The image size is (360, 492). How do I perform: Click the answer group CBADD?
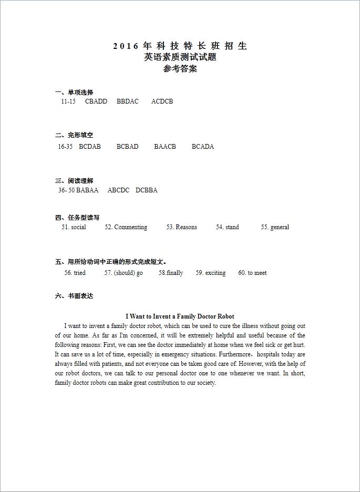(96, 101)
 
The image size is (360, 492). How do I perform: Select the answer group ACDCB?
(162, 101)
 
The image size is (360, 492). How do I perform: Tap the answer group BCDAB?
(90, 147)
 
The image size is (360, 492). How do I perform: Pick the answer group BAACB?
(165, 147)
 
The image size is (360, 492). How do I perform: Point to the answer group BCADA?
(203, 147)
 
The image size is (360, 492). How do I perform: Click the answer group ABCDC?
(118, 190)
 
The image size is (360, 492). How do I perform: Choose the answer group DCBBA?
(147, 190)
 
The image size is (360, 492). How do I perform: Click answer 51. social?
(74, 227)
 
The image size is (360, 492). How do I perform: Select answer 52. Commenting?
(126, 227)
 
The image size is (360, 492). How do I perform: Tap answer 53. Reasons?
(182, 227)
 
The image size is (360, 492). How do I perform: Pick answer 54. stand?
(227, 227)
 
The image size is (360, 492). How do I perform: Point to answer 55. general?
(275, 227)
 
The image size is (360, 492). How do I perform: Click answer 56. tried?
(75, 273)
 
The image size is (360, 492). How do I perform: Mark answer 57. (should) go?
(124, 273)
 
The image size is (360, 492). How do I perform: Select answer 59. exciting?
(211, 273)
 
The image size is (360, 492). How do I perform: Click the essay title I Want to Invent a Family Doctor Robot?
(180, 316)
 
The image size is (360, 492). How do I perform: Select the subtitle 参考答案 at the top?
(180, 69)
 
